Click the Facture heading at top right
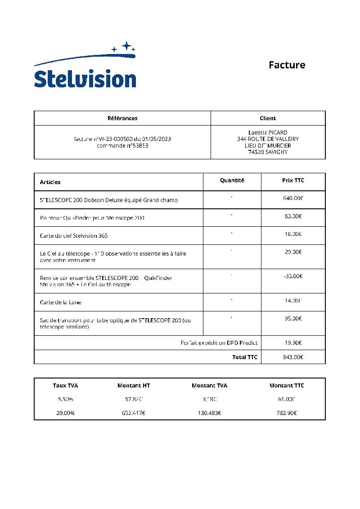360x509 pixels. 287,65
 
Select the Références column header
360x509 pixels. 122,118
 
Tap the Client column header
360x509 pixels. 268,118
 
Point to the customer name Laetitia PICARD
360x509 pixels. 268,133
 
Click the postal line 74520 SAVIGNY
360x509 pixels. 268,152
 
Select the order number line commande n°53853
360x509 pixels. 122,146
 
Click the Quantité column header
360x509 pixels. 232,180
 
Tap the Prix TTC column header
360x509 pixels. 293,180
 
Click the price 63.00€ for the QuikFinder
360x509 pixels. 293,216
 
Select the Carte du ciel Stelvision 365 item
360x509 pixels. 74,235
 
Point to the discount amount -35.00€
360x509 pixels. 293,276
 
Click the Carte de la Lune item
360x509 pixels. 60,302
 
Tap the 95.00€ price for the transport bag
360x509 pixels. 293,319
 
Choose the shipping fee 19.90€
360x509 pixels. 293,343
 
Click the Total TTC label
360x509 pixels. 245,357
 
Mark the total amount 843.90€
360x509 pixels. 293,357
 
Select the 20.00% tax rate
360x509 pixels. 65,413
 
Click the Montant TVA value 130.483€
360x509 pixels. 209,413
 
